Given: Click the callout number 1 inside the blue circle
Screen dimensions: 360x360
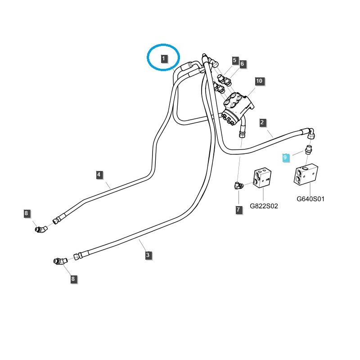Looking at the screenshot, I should click(x=164, y=58).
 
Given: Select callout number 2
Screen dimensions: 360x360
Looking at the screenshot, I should click(x=262, y=122).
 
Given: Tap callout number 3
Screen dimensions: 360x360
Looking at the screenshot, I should click(x=148, y=255).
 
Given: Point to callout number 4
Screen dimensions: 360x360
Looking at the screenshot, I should click(x=99, y=174).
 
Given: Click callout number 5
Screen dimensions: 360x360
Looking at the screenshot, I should click(x=234, y=60).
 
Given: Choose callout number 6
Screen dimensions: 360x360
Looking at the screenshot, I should click(x=242, y=64).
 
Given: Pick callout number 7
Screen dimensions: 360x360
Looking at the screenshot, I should click(x=238, y=210).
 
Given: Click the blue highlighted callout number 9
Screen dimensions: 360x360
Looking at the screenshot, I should click(x=285, y=157).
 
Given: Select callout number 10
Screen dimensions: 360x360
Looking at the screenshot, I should click(x=259, y=81).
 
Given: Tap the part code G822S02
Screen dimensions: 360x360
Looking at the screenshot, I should click(x=264, y=207).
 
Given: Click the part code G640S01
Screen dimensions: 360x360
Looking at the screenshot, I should click(x=310, y=198).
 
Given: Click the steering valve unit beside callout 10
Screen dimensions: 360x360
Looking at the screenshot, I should click(x=238, y=107).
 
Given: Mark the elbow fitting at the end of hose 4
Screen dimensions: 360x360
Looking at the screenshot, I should click(x=41, y=229).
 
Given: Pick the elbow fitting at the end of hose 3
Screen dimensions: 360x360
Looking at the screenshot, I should click(x=59, y=261).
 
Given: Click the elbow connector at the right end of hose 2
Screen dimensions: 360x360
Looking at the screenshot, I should click(x=311, y=133).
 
